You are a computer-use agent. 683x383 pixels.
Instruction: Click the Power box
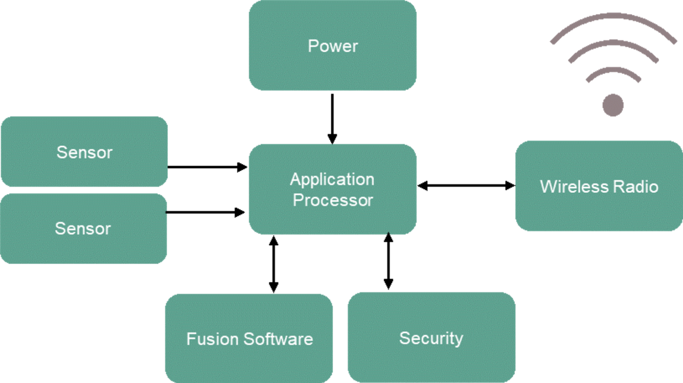(332, 46)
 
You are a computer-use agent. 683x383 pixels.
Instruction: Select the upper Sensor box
(84, 152)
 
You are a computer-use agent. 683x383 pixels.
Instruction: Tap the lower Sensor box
(83, 228)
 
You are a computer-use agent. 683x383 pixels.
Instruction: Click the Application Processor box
(332, 189)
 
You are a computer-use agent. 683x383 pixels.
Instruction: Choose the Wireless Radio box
(599, 186)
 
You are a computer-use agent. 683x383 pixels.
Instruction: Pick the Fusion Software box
(249, 339)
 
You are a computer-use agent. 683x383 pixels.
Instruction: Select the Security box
(431, 337)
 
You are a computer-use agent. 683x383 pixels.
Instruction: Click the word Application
(332, 180)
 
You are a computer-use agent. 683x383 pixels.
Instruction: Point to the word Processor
(333, 200)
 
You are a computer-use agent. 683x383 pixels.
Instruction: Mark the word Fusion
(212, 339)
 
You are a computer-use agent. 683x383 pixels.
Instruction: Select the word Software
(278, 339)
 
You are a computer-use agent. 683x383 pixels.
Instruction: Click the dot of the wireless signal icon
(612, 105)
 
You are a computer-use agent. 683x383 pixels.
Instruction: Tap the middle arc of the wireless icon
(612, 44)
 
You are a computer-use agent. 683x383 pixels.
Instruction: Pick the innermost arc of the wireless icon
(612, 71)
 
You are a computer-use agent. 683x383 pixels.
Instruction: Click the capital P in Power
(312, 46)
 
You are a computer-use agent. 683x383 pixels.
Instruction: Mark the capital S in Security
(404, 338)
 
